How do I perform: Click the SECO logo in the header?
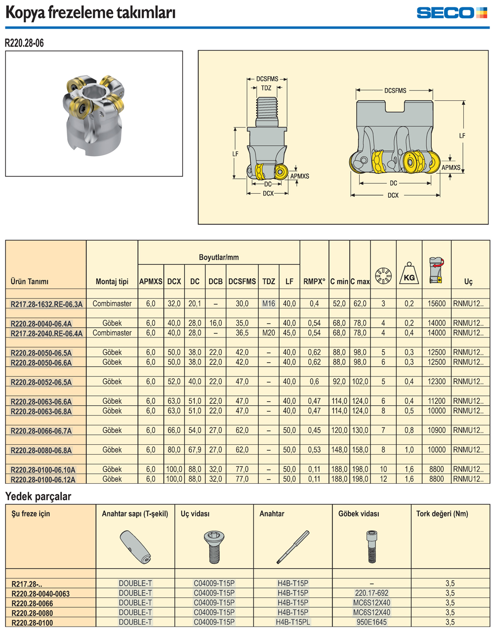[452, 13]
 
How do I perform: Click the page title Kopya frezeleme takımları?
[90, 13]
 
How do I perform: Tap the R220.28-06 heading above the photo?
[24, 43]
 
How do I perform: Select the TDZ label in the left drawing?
[266, 88]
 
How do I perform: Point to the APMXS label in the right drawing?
[451, 168]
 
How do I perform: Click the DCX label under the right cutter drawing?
[393, 195]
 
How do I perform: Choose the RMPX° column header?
[314, 281]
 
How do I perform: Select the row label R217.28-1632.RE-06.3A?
[46, 304]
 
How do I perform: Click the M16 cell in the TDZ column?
[269, 303]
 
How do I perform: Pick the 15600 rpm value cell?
[436, 303]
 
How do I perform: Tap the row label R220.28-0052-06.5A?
[41, 382]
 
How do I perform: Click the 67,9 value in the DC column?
[195, 450]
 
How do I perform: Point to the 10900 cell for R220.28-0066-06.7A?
[436, 430]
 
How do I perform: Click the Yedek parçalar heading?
[38, 497]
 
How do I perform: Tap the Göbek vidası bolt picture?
[371, 546]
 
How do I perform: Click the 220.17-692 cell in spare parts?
[371, 593]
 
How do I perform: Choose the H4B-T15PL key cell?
[293, 622]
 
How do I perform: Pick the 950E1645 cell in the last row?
[371, 622]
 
